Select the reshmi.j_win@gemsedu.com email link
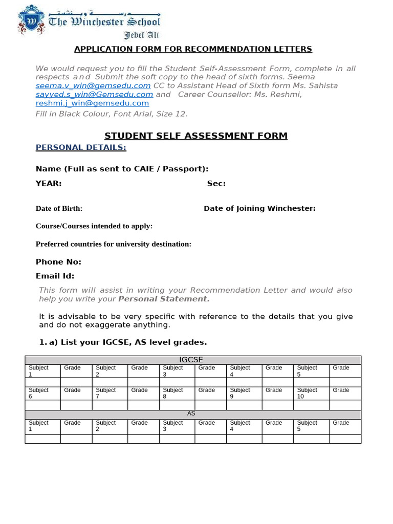click(x=92, y=103)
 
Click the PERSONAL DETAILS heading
click(x=80, y=147)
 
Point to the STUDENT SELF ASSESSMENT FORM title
click(x=196, y=136)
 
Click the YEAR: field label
click(x=49, y=183)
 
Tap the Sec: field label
click(x=216, y=183)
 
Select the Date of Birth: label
click(x=59, y=208)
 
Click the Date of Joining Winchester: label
click(x=259, y=208)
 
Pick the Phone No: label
click(x=58, y=261)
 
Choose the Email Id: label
click(x=55, y=276)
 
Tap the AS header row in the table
click(x=191, y=413)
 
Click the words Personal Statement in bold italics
click(x=164, y=299)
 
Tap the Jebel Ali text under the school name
click(x=142, y=35)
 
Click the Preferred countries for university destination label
click(x=113, y=244)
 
